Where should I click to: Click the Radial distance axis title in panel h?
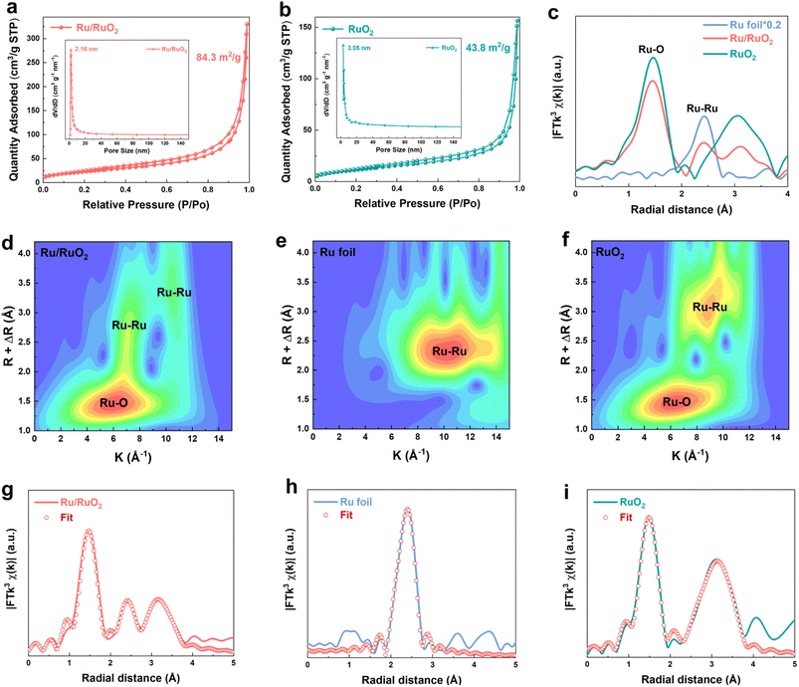[x=413, y=678]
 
